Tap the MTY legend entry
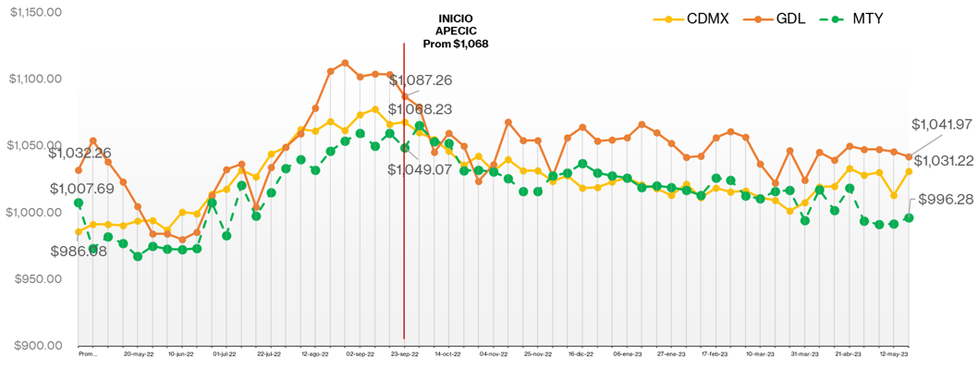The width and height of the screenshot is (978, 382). tap(862, 18)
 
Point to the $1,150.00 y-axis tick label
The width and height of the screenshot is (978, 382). tap(36, 12)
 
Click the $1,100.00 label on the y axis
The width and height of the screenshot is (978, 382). tap(36, 79)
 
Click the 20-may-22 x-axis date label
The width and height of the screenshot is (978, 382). tap(138, 353)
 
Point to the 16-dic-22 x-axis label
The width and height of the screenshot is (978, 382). tap(581, 353)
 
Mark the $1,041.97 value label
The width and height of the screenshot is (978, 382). tap(943, 125)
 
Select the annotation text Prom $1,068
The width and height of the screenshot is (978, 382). tap(455, 43)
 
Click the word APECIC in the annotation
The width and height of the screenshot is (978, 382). tap(455, 31)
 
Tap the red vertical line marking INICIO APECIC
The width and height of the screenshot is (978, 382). tap(404, 231)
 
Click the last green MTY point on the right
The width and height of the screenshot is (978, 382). tap(909, 217)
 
